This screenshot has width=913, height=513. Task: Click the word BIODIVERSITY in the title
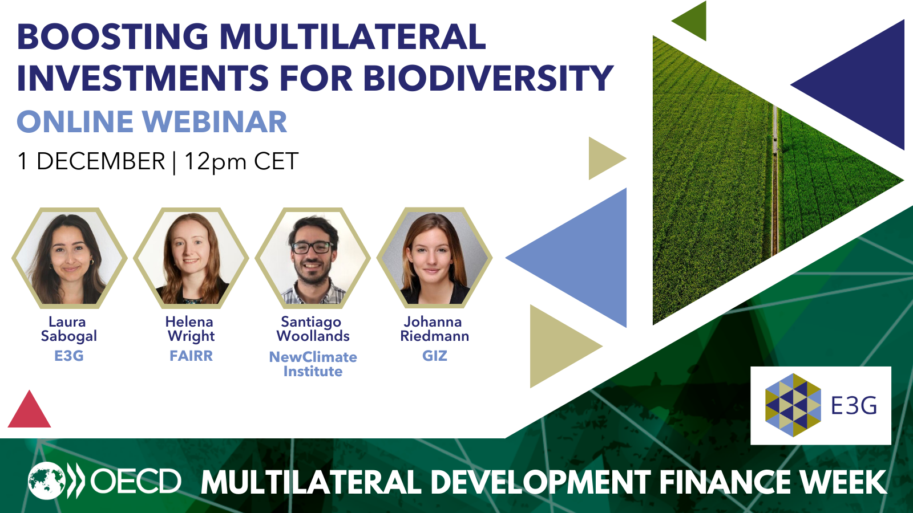click(488, 78)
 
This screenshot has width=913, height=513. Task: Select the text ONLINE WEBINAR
click(152, 122)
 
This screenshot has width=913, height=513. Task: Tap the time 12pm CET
click(241, 161)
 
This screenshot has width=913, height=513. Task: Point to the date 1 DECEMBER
click(91, 161)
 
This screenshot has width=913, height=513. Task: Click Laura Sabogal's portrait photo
click(69, 258)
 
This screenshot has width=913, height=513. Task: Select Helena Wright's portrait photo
click(191, 258)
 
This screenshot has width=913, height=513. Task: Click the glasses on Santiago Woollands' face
click(312, 247)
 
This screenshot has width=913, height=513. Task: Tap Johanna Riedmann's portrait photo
click(434, 258)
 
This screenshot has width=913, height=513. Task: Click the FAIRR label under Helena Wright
click(191, 356)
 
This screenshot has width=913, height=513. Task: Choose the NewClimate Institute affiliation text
click(313, 364)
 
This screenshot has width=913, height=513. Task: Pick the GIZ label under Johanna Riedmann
click(434, 356)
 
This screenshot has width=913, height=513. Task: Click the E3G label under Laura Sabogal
click(69, 356)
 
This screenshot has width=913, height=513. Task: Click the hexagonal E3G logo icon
click(793, 405)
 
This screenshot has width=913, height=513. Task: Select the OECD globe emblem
click(47, 481)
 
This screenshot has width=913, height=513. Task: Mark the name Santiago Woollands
click(313, 329)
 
